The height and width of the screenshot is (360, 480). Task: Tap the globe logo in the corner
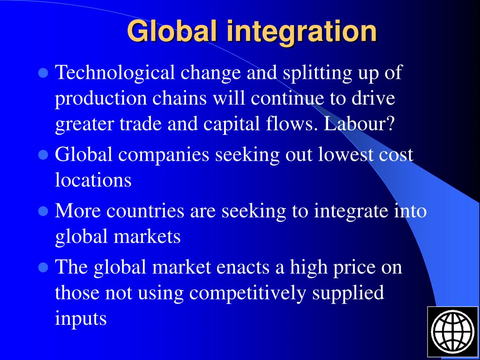click(x=453, y=332)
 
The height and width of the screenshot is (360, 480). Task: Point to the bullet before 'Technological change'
click(x=44, y=73)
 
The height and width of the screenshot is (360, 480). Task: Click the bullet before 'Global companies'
click(x=44, y=154)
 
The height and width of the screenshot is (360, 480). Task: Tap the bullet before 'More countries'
click(x=44, y=211)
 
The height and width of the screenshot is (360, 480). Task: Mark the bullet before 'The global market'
click(x=44, y=268)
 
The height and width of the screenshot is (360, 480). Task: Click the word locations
click(x=93, y=180)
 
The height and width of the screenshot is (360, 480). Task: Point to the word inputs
click(x=81, y=319)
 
